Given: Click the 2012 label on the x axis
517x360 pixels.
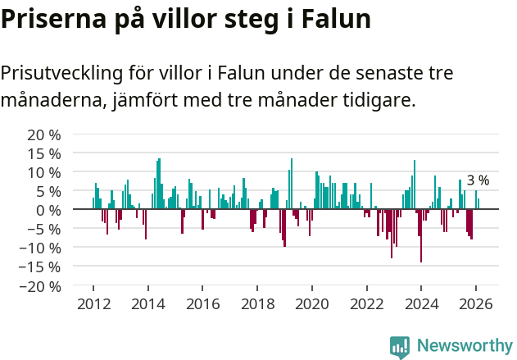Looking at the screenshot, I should [93, 303].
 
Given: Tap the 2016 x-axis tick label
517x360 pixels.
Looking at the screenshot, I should [202, 303].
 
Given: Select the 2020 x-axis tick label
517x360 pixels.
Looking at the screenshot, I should [311, 303].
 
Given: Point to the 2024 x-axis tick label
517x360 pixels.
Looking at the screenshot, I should [421, 303].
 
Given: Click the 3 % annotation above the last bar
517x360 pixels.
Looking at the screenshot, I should [478, 180].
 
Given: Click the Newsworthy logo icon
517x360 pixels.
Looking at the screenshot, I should [400, 346].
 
